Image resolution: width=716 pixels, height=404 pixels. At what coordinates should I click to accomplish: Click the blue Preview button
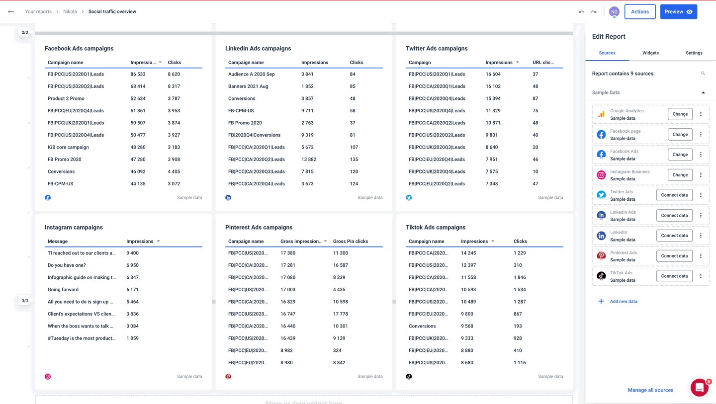pos(678,12)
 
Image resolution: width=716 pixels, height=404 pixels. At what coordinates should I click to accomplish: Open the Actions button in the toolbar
pos(639,12)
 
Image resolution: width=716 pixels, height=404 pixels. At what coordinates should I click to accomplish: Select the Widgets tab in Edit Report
pos(650,53)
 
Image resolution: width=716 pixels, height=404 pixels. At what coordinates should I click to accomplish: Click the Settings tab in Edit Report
pos(694,53)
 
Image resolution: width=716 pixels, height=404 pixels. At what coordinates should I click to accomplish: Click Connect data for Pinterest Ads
pos(674,256)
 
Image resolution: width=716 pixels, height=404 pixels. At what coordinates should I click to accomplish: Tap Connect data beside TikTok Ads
pos(674,276)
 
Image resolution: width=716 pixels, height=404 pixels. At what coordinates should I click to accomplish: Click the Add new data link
pos(623,301)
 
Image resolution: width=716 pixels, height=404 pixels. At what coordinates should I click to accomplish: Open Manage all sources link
pos(650,390)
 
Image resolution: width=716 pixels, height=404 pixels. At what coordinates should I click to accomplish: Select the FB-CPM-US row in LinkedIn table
pos(241,111)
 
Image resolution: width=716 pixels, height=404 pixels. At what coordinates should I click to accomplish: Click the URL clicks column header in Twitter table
pos(543,63)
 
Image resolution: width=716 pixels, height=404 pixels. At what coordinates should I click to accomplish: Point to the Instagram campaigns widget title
pos(74,227)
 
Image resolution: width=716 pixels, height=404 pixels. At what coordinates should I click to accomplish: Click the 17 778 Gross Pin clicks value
pos(341,314)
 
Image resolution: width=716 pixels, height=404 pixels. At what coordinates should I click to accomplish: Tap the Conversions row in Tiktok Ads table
pos(422,326)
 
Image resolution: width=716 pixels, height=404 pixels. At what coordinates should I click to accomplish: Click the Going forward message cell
pos(63,290)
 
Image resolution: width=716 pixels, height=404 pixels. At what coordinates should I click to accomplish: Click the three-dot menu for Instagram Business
pos(701,175)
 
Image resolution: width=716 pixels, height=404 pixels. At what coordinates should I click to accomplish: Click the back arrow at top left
pos(11,11)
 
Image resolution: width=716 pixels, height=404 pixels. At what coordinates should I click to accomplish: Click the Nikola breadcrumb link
pos(70,11)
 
